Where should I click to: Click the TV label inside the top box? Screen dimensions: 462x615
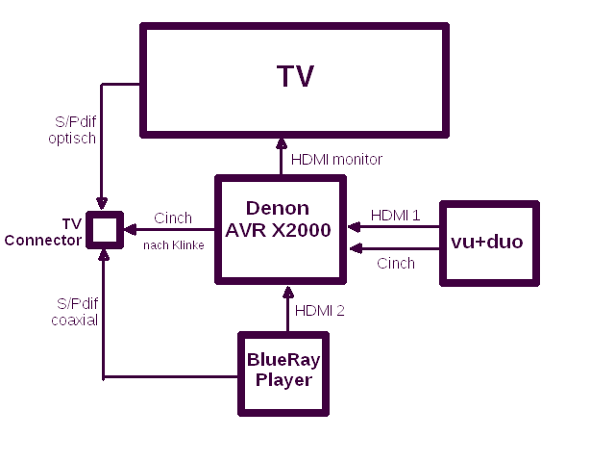coord(295,77)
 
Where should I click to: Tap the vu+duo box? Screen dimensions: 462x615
coord(488,243)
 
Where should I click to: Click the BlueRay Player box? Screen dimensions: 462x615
coord(283,372)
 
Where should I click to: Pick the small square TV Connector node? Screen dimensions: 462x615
coord(103,229)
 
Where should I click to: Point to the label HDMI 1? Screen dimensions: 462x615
coord(395,215)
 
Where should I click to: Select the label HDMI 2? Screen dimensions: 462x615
coord(319,310)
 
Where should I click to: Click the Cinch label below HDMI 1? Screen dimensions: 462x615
coord(396,263)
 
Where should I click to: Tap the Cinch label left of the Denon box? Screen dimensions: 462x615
coord(173,218)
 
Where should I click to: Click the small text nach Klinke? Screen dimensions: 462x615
coord(174,245)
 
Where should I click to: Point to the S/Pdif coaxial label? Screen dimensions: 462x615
coord(74,312)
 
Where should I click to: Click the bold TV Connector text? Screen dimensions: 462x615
coord(42,232)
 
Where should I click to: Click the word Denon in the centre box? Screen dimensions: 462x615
coord(278,208)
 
